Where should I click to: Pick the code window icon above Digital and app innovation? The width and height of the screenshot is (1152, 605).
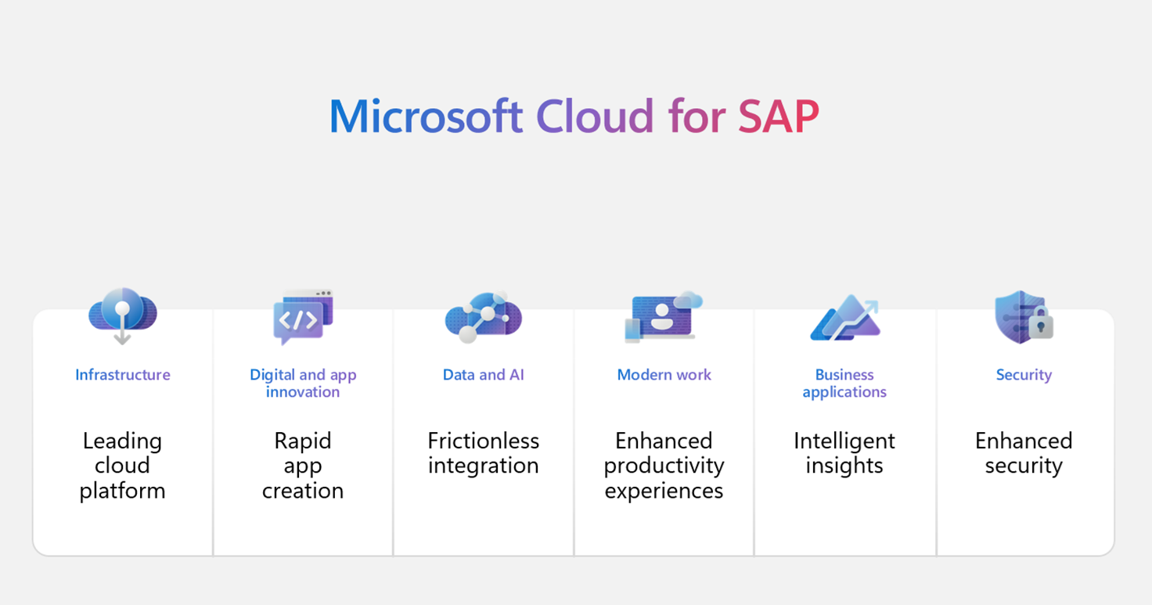[303, 316]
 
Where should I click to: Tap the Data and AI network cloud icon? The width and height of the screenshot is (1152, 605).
[483, 316]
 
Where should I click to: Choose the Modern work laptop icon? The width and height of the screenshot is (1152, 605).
[662, 317]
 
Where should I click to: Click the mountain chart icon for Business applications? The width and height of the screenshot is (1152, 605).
[844, 318]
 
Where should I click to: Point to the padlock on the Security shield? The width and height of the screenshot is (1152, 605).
[1041, 324]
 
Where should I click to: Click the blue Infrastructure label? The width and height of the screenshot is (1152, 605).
[123, 375]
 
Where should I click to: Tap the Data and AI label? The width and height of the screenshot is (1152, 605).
[483, 375]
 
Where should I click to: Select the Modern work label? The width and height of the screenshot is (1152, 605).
[664, 375]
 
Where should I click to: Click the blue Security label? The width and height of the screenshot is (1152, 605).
[1024, 375]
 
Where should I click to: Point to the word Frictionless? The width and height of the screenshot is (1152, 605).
[483, 441]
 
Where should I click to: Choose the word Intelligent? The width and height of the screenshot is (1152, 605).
[844, 441]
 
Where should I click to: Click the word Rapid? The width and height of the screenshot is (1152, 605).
[303, 441]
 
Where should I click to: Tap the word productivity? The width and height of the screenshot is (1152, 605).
[664, 466]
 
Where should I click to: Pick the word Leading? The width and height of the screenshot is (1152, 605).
[123, 441]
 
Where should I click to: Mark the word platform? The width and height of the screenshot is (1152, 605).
[123, 491]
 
